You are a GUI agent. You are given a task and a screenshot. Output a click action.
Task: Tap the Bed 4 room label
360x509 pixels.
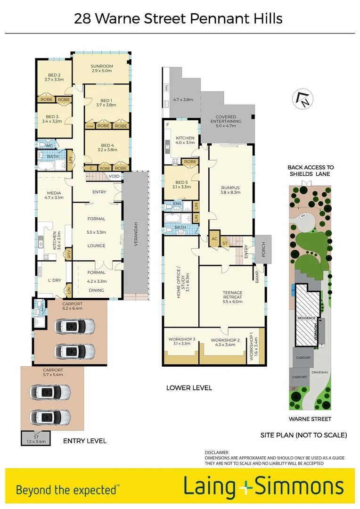107,145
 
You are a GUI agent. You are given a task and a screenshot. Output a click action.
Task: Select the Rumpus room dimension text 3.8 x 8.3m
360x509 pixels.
230,192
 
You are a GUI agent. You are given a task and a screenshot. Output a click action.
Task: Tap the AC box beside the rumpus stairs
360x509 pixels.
214,238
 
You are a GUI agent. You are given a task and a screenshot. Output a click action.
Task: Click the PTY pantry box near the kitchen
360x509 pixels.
68,254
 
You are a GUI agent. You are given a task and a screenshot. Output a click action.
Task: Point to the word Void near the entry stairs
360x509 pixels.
114,176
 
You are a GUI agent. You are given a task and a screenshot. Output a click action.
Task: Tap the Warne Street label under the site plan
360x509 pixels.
310,419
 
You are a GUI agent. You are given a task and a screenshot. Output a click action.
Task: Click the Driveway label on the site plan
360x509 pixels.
319,372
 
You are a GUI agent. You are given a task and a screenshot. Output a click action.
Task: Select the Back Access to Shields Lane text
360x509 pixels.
311,171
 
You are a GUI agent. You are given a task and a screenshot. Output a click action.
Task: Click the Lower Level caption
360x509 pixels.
189,388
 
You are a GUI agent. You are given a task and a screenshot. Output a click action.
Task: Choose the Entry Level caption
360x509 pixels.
85,441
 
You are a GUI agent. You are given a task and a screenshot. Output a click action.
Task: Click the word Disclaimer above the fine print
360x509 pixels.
216,452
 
